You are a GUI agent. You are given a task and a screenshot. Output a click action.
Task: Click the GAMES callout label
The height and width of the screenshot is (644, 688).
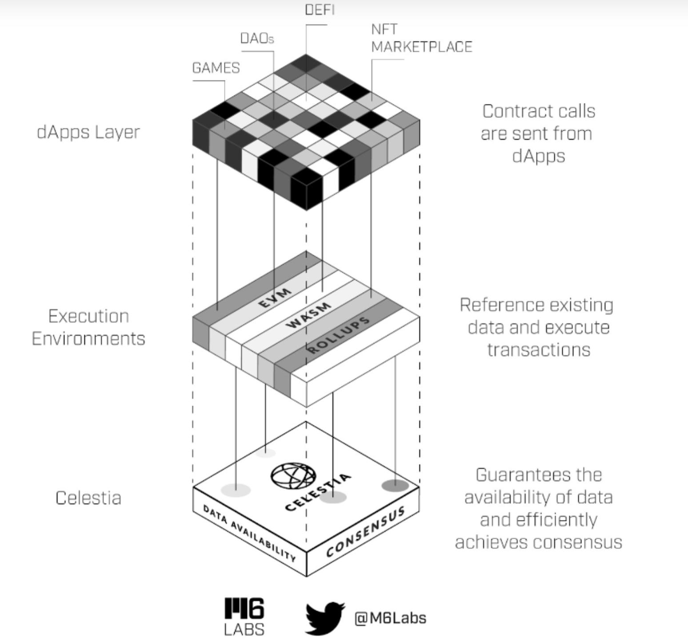(x=216, y=68)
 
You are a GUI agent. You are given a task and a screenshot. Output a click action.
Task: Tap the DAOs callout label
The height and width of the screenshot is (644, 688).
(x=257, y=39)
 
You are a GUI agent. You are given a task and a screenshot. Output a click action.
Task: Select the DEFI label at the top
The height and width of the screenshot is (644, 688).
(x=320, y=10)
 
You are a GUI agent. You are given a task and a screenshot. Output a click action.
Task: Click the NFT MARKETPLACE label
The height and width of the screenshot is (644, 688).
(x=421, y=38)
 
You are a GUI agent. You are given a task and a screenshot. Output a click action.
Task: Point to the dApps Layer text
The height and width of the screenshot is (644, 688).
(x=88, y=132)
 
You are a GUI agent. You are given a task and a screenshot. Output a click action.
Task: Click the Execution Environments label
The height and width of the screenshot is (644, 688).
(x=88, y=327)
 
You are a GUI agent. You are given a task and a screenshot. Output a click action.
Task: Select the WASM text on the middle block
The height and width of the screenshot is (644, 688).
(x=309, y=315)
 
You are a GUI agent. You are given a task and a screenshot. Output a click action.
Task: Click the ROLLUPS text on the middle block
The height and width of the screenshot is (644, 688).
(x=339, y=334)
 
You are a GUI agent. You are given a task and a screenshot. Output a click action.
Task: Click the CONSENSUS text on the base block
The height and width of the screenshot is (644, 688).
(x=365, y=531)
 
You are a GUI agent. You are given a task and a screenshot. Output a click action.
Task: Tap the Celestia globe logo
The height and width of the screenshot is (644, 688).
(x=293, y=476)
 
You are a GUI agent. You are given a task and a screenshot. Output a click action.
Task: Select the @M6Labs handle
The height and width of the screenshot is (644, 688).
(x=390, y=618)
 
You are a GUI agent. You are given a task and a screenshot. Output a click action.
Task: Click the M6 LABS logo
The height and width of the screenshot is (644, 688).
(x=244, y=616)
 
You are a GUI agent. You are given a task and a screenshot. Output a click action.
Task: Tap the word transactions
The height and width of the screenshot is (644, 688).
(x=539, y=350)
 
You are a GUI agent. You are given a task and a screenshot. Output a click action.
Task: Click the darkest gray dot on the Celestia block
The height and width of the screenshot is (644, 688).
(x=395, y=485)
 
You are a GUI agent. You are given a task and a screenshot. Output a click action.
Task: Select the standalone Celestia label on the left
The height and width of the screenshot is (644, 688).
(x=88, y=498)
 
